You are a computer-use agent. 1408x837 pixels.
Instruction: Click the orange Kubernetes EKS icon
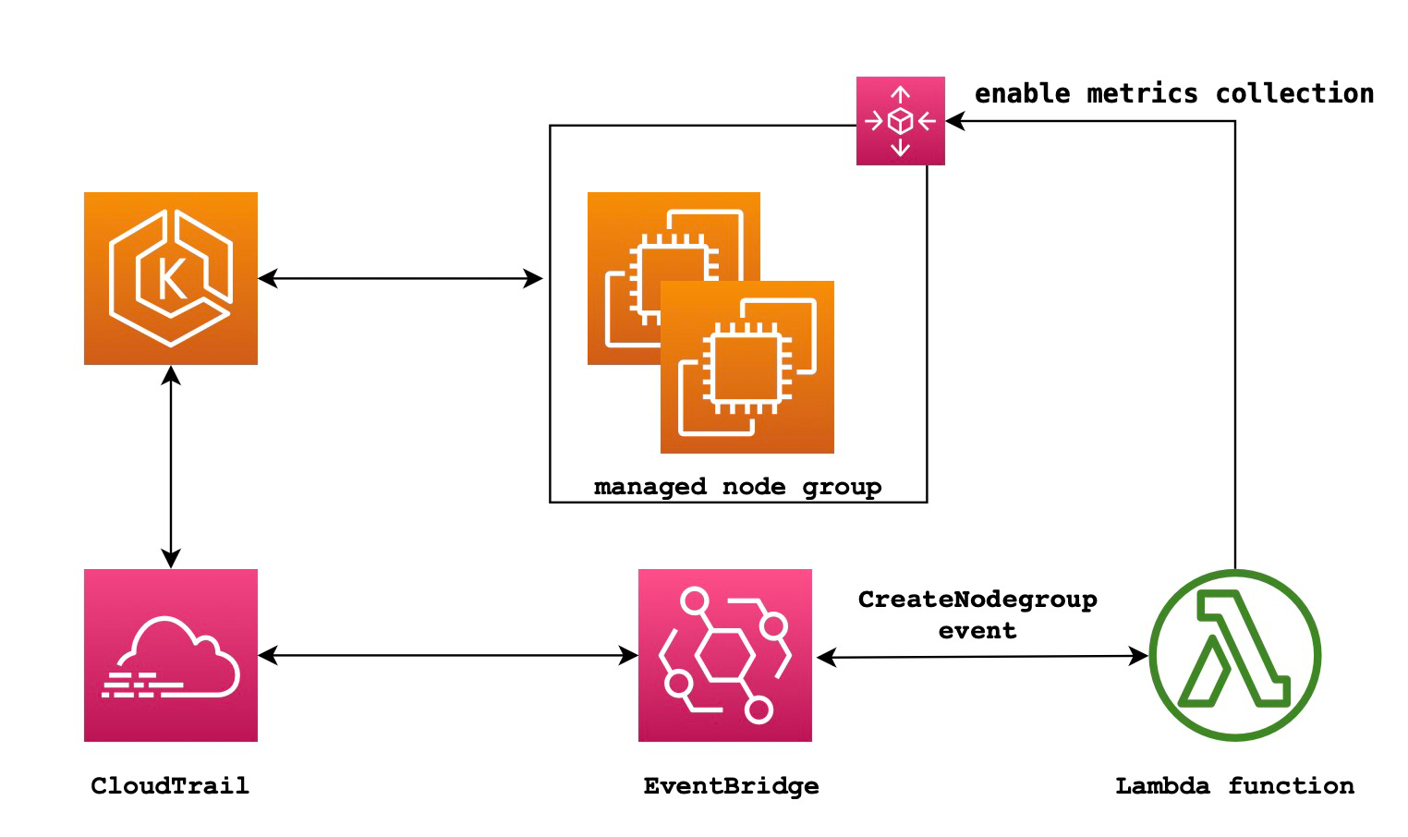point(170,278)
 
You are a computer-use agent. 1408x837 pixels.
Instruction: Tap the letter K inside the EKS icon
point(172,279)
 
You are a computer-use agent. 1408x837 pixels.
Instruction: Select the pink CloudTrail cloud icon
point(170,655)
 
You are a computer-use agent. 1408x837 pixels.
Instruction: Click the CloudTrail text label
point(170,786)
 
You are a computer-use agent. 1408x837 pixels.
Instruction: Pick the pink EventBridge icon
point(724,655)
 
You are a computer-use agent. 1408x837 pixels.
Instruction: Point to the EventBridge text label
point(731,786)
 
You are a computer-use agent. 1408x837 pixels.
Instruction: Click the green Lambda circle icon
point(1234,656)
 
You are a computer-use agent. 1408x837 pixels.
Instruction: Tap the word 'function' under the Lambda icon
point(1291,786)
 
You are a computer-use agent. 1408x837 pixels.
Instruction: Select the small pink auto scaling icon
point(900,121)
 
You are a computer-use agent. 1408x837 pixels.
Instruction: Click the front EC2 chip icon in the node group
point(746,368)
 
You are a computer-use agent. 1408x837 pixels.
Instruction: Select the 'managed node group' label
point(737,487)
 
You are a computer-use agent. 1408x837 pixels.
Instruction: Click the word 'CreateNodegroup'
point(977,600)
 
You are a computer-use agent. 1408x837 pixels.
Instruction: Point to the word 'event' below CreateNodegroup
point(977,631)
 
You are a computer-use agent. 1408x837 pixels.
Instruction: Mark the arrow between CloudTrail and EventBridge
point(447,656)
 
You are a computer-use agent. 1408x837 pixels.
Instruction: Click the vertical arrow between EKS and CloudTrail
point(171,467)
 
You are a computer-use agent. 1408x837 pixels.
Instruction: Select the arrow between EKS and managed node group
point(399,278)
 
